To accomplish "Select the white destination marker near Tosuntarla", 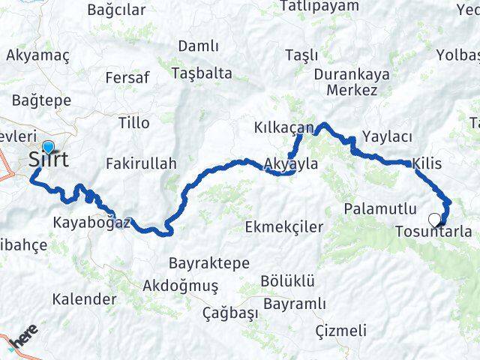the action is click(x=434, y=220).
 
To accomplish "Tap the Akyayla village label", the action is click(x=292, y=163).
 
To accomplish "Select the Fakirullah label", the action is click(x=141, y=163).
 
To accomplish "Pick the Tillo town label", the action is click(x=134, y=123).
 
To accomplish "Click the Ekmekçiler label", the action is click(x=289, y=226).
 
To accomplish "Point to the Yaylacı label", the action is click(x=387, y=136).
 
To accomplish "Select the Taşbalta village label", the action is click(x=202, y=73).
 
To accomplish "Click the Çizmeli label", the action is click(x=341, y=330).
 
